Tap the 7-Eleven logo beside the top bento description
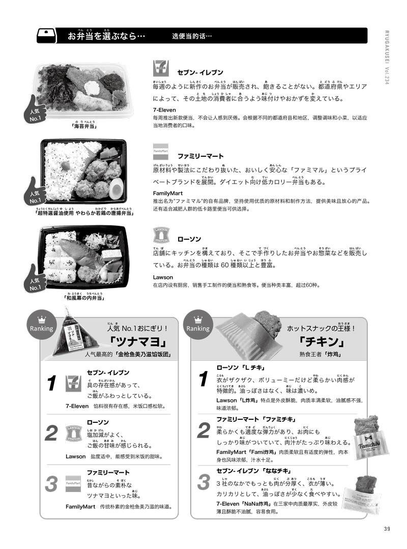click(x=160, y=68)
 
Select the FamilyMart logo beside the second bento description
click(x=160, y=151)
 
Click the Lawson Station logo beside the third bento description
click(x=160, y=236)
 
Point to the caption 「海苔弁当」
click(x=81, y=127)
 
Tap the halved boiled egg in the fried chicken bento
click(x=116, y=189)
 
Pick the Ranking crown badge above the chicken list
click(x=198, y=325)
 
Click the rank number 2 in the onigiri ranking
click(x=51, y=433)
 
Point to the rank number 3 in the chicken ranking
click(x=203, y=481)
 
